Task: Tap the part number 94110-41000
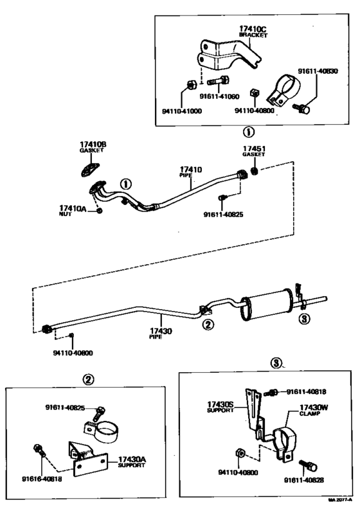[x=182, y=111]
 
